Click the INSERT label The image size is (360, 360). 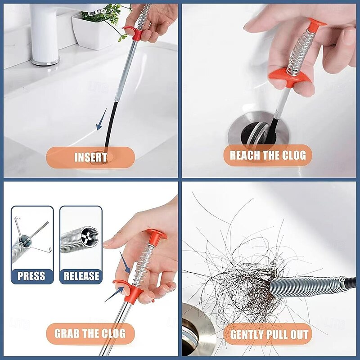(x=90, y=157)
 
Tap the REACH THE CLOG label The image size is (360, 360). (x=268, y=156)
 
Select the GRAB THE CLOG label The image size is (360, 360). (x=90, y=334)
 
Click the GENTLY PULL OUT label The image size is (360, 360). (x=270, y=335)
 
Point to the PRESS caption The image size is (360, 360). (x=32, y=275)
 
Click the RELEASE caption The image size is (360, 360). (x=81, y=275)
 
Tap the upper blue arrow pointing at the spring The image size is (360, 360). (x=125, y=264)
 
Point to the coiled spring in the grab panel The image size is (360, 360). (x=145, y=265)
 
